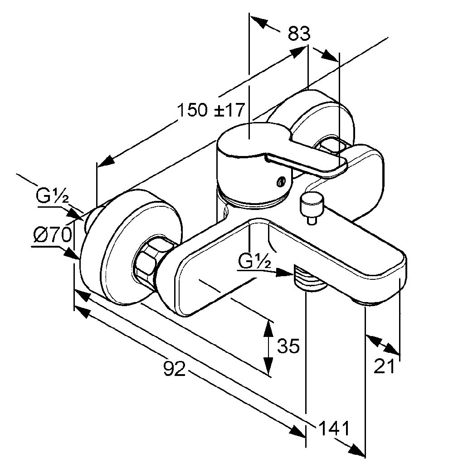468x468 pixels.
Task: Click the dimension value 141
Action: point(334,428)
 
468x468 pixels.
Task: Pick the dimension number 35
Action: point(288,346)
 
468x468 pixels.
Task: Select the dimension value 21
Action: point(385,366)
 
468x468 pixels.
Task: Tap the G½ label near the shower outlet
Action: point(253,261)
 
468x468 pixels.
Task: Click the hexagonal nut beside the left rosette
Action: point(148,260)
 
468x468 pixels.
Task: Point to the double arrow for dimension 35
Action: point(269,347)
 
